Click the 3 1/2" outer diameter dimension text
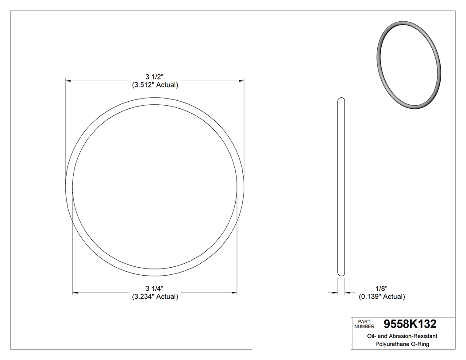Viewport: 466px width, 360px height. (x=155, y=76)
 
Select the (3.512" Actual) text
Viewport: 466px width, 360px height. (x=155, y=85)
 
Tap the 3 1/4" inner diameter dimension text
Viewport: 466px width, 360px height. (x=155, y=288)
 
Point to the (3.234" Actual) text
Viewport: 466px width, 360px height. (x=155, y=297)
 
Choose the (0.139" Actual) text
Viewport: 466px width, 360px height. (x=381, y=297)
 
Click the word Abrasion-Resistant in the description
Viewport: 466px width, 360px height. (x=412, y=336)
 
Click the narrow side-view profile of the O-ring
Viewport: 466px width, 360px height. (x=341, y=186)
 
